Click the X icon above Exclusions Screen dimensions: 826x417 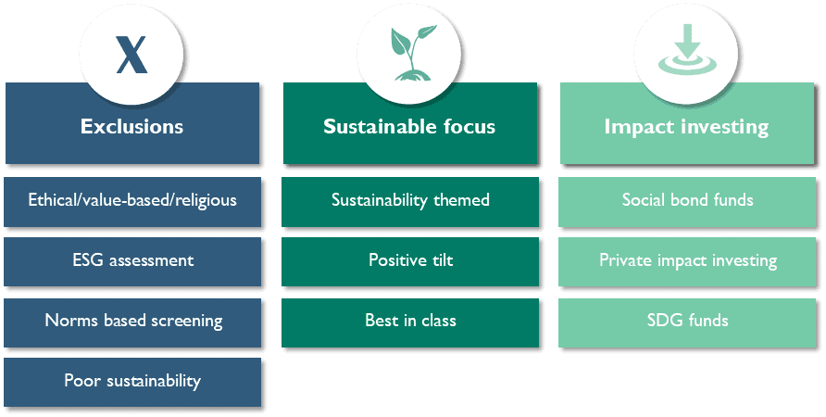click(x=131, y=55)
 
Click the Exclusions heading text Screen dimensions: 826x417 click(x=131, y=127)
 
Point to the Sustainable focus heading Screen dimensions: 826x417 click(x=409, y=127)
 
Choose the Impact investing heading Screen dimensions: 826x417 click(x=686, y=127)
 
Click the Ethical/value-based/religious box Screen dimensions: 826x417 click(x=132, y=202)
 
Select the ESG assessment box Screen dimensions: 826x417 click(x=132, y=262)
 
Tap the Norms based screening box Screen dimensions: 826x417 click(x=132, y=322)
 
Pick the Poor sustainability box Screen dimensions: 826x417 click(x=132, y=382)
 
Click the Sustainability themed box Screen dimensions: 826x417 click(x=410, y=202)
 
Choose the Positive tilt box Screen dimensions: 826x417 click(x=410, y=262)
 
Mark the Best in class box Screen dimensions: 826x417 click(x=410, y=322)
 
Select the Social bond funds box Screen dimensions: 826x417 click(x=687, y=202)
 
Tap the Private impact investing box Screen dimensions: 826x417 click(x=687, y=262)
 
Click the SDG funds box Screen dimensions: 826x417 click(x=687, y=322)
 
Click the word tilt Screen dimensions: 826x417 click(x=444, y=259)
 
